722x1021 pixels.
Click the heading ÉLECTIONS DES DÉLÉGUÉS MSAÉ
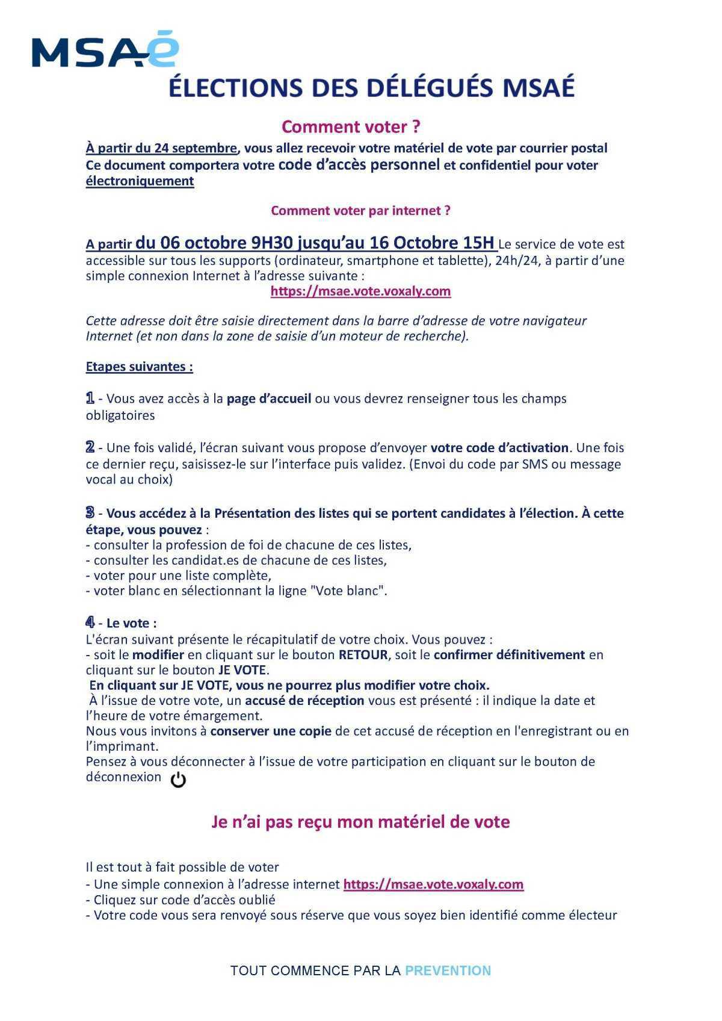[371, 87]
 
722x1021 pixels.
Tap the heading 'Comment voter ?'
[351, 127]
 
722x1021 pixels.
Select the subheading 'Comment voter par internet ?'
[360, 211]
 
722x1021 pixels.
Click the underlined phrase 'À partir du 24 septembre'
[161, 148]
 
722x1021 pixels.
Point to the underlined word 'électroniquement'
[140, 181]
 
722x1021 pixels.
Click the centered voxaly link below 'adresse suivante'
[360, 291]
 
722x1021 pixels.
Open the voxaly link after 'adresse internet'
[433, 884]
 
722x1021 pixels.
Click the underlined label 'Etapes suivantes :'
[140, 367]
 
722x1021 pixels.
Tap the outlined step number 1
[90, 398]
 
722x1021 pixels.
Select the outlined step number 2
[90, 447]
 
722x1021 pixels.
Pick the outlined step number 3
[90, 513]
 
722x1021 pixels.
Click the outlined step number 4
[90, 622]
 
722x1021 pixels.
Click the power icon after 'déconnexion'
[179, 780]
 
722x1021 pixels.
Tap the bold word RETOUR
[363, 655]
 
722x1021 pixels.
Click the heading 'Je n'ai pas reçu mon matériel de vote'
[360, 822]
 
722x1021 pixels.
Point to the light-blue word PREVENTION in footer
[448, 970]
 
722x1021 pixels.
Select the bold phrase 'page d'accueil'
[269, 399]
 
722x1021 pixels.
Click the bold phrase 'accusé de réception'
[304, 701]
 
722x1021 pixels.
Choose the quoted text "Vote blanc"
[347, 591]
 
